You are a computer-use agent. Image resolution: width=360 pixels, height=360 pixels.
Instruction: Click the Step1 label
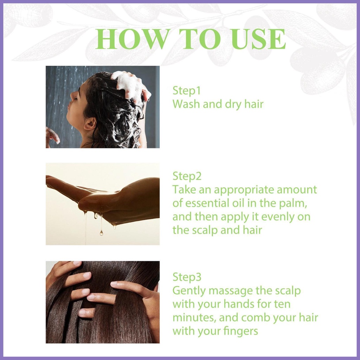186,90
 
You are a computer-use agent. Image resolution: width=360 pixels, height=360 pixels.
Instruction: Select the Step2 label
187,176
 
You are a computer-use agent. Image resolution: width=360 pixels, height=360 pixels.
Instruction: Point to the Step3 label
187,277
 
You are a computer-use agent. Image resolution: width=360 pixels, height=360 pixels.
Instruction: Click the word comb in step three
255,317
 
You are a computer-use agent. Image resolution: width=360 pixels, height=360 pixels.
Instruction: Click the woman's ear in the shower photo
90,124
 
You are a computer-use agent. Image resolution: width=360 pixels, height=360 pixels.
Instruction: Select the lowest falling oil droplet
101,233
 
